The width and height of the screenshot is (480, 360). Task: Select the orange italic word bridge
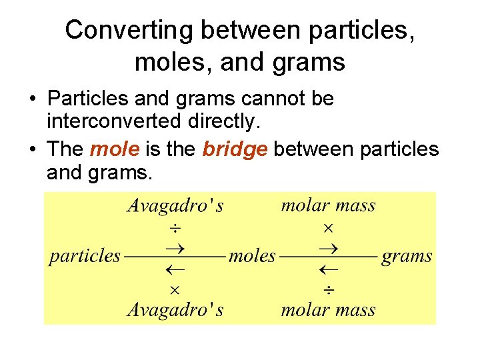pyautogui.click(x=234, y=149)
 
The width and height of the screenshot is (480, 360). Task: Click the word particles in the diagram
pyautogui.click(x=85, y=256)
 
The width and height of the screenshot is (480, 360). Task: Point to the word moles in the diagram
pyautogui.click(x=252, y=256)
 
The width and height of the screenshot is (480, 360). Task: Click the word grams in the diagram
pyautogui.click(x=407, y=256)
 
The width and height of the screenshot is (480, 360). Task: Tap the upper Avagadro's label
pyautogui.click(x=175, y=205)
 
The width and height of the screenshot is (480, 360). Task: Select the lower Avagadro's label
pyautogui.click(x=175, y=309)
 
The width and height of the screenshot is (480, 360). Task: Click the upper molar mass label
pyautogui.click(x=328, y=205)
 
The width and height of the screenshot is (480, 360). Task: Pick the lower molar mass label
pyautogui.click(x=328, y=309)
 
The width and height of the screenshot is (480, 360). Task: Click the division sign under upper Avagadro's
pyautogui.click(x=174, y=229)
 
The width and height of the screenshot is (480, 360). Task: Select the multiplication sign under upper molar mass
pyautogui.click(x=328, y=228)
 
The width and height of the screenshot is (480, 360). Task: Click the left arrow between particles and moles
pyautogui.click(x=175, y=270)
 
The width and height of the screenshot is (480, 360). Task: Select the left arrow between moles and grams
pyautogui.click(x=328, y=270)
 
